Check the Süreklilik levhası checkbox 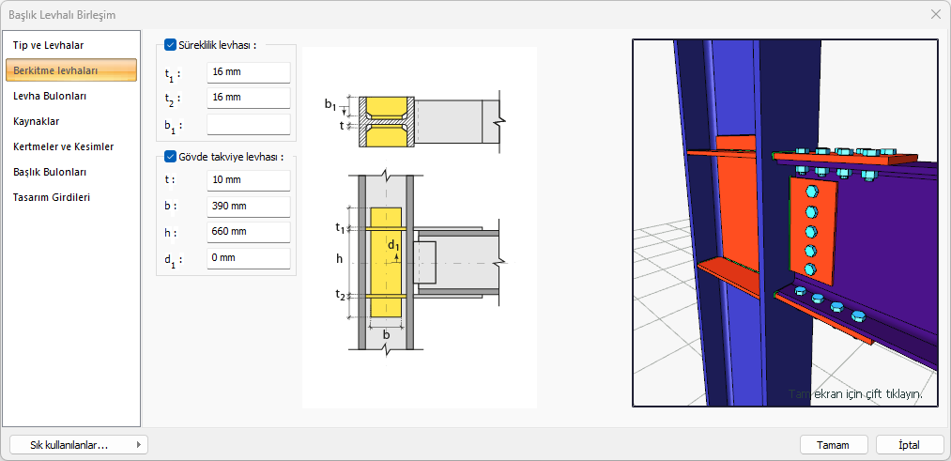(x=170, y=44)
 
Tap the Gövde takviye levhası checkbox (x=170, y=157)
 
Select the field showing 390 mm (x=248, y=207)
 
